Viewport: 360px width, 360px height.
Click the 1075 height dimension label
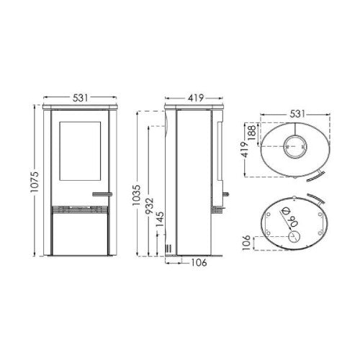(35, 182)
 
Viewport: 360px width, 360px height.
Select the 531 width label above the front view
(81, 98)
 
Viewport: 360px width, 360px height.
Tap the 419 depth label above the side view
(196, 98)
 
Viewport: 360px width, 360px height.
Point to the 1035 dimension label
(137, 195)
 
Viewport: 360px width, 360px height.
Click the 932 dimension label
(150, 206)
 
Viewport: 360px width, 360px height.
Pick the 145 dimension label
(160, 219)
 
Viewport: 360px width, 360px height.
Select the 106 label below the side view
(199, 263)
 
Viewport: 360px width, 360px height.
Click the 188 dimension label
(253, 132)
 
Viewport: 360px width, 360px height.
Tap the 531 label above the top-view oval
(297, 114)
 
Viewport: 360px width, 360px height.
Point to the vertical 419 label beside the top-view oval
(246, 150)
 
